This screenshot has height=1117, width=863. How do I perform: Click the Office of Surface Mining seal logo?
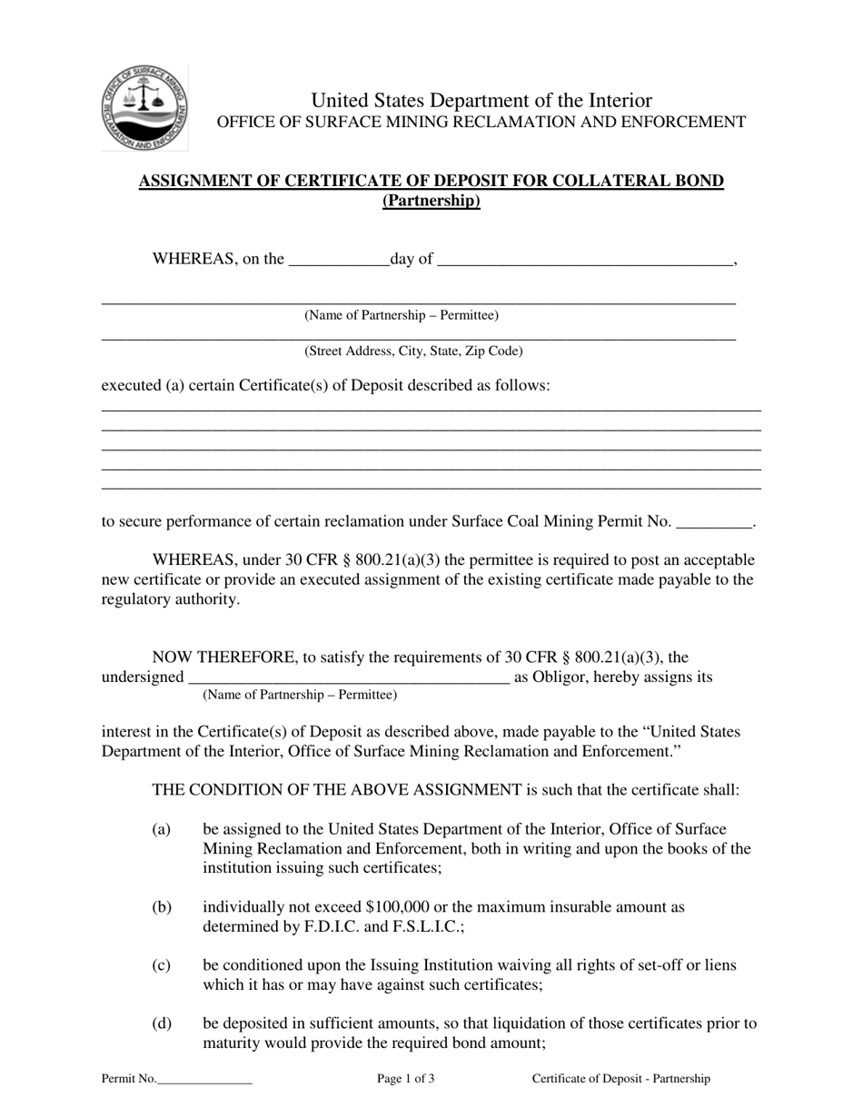click(x=144, y=108)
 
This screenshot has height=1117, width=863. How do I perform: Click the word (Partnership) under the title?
click(x=431, y=201)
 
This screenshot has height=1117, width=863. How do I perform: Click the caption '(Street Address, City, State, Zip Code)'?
click(x=413, y=351)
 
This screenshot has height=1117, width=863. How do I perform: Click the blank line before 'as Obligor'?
click(x=348, y=678)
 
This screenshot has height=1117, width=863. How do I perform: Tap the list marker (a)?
click(x=162, y=829)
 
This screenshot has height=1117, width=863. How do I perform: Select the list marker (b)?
click(x=162, y=906)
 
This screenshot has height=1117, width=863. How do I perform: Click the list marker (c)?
click(x=162, y=964)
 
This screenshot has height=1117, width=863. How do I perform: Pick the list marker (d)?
click(x=162, y=1023)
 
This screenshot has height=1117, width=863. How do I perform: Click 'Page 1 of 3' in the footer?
click(x=406, y=1079)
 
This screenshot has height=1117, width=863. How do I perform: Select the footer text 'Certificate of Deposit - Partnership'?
click(x=621, y=1079)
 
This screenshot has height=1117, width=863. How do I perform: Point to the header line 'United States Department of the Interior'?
click(x=481, y=100)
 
